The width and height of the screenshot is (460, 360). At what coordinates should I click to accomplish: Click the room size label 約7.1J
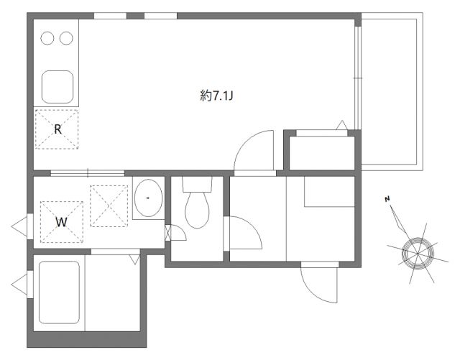coord(216,96)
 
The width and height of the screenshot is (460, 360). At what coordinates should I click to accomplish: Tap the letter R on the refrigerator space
coord(57,129)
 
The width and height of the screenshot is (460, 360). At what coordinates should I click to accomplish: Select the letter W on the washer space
coord(61,222)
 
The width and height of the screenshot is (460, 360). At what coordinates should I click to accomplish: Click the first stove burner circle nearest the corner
coord(47,38)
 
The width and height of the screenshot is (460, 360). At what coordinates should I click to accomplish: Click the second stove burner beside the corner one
coord(66,38)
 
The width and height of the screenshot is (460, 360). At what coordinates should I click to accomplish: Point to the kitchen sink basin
coord(57,87)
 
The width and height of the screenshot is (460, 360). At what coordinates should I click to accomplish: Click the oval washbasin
coord(148,198)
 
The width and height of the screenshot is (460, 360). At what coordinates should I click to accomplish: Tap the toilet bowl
coord(197,210)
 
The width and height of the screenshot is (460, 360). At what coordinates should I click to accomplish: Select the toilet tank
coord(197,184)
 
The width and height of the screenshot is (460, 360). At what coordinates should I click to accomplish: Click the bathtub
coord(59,292)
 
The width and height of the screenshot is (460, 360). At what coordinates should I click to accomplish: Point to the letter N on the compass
coord(387,199)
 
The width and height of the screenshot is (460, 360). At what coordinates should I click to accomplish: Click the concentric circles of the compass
coord(418,253)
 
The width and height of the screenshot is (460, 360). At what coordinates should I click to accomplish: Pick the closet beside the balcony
coord(322,153)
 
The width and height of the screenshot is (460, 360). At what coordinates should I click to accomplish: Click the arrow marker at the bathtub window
coord(19,285)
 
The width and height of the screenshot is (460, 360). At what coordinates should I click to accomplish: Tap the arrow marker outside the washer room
coord(19,226)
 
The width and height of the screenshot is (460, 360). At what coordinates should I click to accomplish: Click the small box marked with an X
coord(167,233)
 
